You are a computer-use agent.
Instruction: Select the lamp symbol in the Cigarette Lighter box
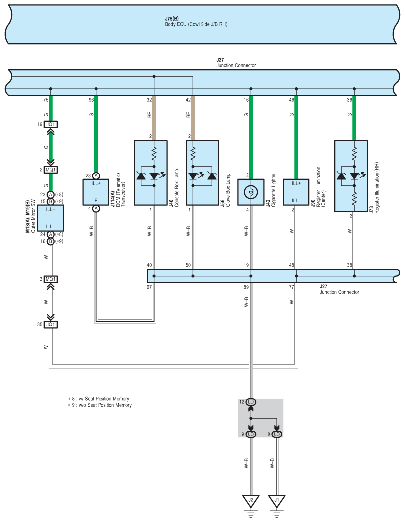[x=251, y=192]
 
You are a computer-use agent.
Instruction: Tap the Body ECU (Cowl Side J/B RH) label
[x=196, y=24]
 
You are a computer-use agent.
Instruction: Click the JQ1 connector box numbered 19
[x=51, y=124]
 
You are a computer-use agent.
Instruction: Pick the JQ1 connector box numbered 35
[x=51, y=324]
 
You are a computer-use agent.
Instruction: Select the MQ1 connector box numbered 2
[x=51, y=170]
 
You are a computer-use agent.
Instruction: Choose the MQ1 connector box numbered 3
[x=51, y=279]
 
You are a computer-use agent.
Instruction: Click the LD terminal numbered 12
[x=251, y=402]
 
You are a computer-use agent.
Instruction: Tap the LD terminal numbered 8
[x=277, y=434]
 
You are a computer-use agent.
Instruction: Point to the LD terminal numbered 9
[x=251, y=434]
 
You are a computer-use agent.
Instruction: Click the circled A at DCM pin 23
[x=96, y=176]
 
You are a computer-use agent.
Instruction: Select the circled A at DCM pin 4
[x=96, y=209]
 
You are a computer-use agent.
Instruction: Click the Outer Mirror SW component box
[x=51, y=218]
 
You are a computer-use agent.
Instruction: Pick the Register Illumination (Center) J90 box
[x=296, y=192]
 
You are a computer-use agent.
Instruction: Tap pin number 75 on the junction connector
[x=46, y=100]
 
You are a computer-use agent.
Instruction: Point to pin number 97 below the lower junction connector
[x=149, y=287]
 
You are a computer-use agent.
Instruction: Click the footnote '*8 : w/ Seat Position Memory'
[x=99, y=399]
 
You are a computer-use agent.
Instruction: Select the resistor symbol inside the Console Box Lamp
[x=154, y=154]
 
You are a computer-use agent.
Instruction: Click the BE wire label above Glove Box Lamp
[x=188, y=115]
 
